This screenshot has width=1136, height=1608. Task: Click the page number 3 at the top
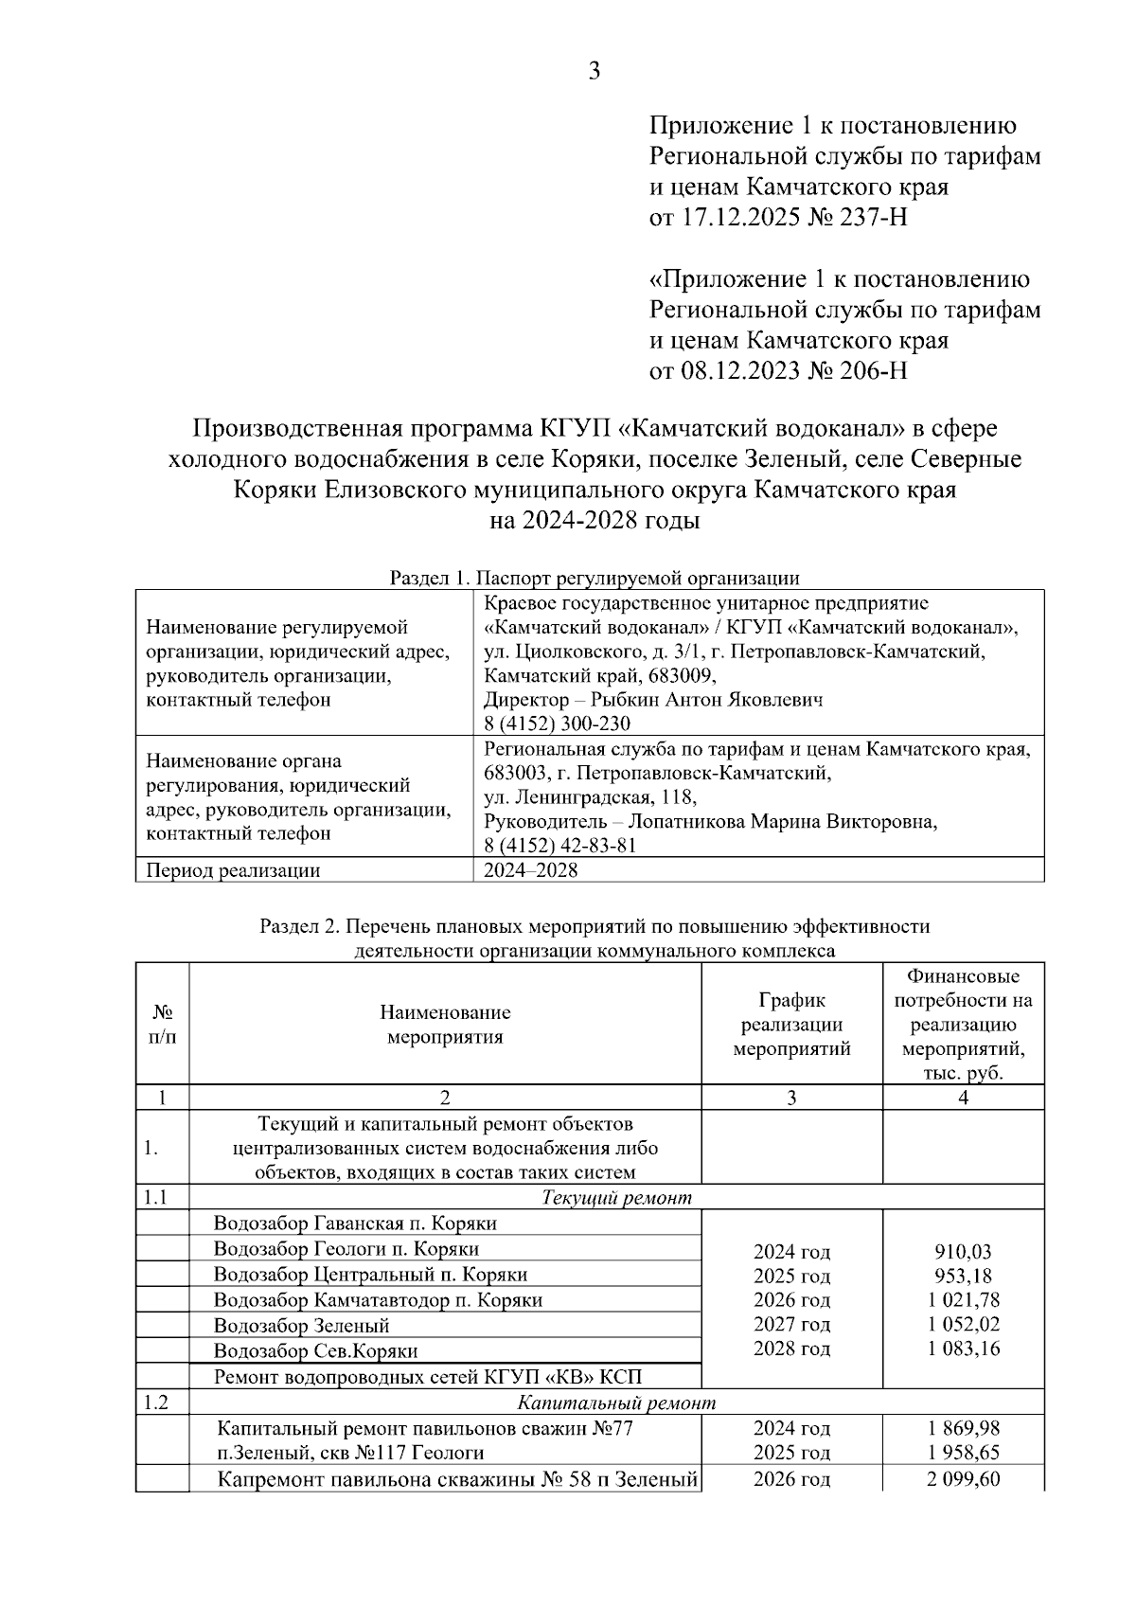[595, 72]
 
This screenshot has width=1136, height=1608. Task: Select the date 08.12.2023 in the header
[740, 370]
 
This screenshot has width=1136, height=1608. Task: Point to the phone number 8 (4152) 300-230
[557, 724]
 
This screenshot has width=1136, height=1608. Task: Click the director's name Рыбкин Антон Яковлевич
[706, 700]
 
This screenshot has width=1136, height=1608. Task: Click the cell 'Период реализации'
[233, 870]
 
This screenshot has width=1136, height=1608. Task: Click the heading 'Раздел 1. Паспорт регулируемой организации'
[595, 578]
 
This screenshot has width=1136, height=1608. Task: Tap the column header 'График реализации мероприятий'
[791, 1025]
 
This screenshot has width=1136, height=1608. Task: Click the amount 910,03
[963, 1252]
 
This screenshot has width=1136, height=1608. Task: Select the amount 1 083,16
[963, 1349]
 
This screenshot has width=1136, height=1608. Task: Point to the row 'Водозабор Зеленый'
[301, 1326]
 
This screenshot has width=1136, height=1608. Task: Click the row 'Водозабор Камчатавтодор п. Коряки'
[378, 1300]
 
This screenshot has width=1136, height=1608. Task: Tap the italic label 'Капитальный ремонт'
[616, 1403]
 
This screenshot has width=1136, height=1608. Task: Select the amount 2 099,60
[963, 1479]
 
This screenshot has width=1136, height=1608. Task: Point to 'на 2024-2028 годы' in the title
[595, 521]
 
